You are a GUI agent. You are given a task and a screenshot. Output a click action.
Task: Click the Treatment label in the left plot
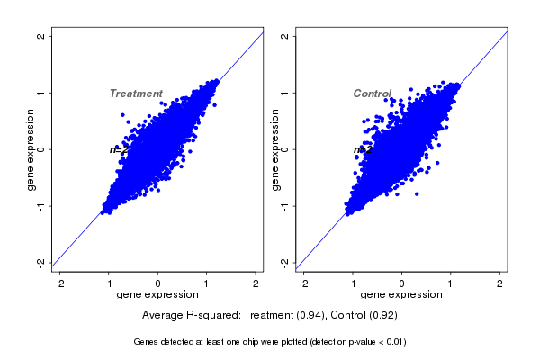click(x=136, y=94)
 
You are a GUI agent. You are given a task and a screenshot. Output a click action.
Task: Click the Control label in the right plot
click(x=372, y=94)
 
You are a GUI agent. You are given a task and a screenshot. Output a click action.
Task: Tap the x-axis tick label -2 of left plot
click(x=59, y=283)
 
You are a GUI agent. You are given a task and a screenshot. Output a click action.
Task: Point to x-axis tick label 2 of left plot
click(x=256, y=283)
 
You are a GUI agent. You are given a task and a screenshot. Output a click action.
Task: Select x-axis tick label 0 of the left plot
click(x=158, y=283)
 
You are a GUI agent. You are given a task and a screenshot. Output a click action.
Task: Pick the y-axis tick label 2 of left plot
click(x=40, y=36)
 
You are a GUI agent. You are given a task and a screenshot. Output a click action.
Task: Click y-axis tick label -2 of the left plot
click(x=40, y=262)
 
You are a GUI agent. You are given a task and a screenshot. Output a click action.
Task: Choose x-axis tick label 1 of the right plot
click(x=451, y=283)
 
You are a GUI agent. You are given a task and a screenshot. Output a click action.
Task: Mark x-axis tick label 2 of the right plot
click(x=500, y=283)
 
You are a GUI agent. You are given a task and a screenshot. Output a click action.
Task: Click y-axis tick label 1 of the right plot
click(x=284, y=93)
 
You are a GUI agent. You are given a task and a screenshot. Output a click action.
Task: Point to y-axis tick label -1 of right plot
click(x=284, y=205)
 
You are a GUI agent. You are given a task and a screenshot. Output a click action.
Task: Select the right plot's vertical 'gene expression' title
click(x=274, y=149)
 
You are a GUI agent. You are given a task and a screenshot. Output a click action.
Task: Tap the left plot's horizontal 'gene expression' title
click(x=158, y=294)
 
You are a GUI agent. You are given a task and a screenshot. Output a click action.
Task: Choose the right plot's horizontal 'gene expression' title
click(x=401, y=294)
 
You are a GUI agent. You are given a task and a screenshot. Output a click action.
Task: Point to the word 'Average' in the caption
click(x=164, y=316)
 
